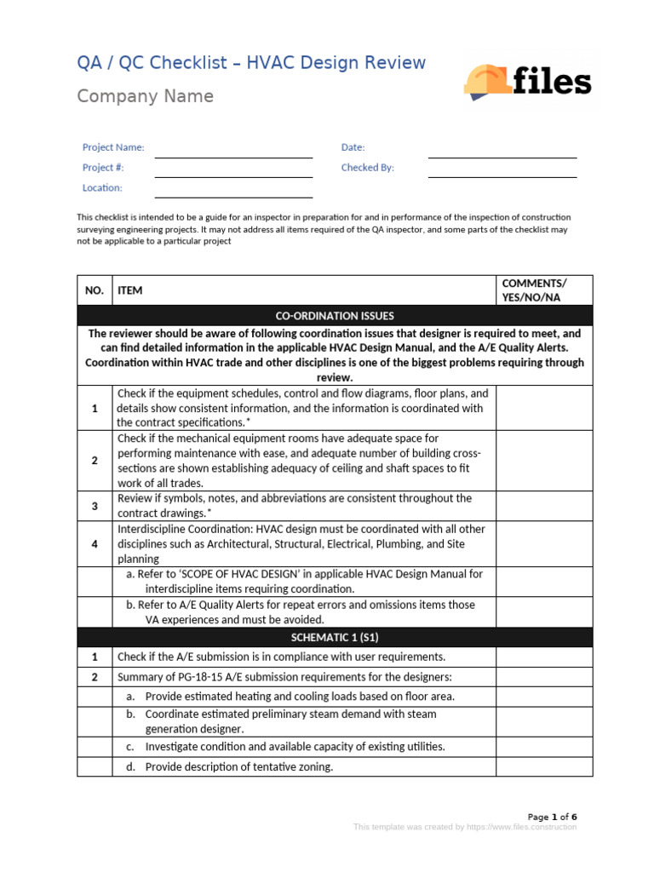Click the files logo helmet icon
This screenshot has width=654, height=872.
point(487,81)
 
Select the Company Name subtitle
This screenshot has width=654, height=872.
point(145,96)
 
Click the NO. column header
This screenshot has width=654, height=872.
point(94,290)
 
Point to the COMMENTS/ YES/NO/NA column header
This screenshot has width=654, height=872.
point(543,290)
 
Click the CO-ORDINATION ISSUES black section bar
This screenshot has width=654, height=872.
point(335,316)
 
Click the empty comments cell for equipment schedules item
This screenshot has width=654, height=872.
point(543,408)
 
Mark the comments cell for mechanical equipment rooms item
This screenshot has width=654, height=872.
point(543,460)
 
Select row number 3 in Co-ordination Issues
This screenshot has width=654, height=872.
point(94,506)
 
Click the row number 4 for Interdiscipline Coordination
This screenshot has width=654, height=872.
point(94,544)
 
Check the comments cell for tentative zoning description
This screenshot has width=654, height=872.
point(543,766)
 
